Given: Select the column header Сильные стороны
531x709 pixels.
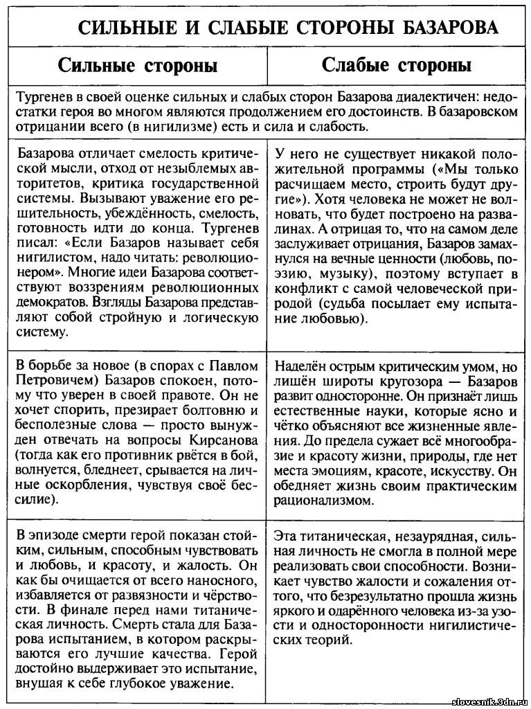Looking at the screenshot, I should pos(138,66).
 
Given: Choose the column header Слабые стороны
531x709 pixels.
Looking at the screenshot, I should pos(397,66).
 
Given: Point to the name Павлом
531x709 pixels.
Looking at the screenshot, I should pos(237,366).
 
